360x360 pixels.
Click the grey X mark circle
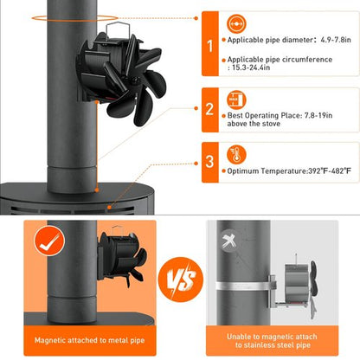[x=230, y=241]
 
